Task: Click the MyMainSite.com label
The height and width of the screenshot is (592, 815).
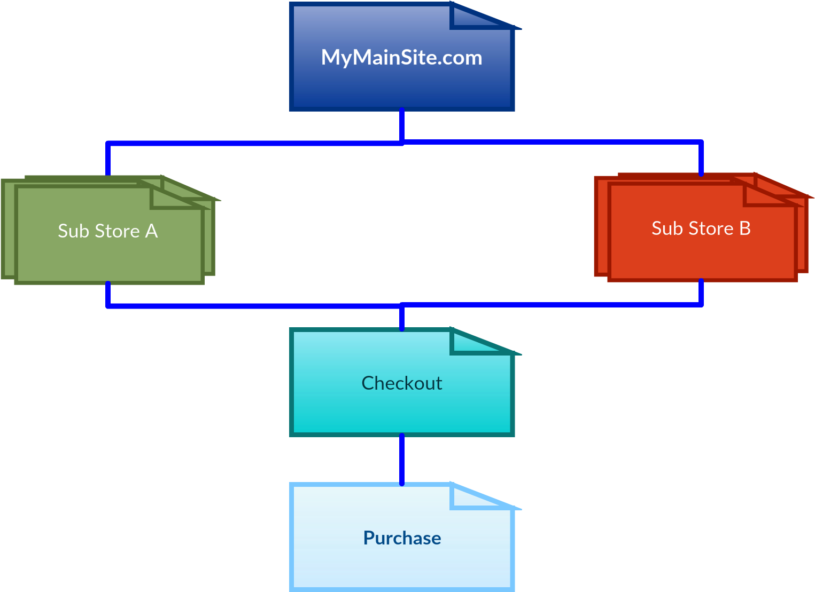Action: tap(401, 58)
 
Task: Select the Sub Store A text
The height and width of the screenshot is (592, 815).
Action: tap(107, 231)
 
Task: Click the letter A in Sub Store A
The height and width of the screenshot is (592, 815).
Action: tap(151, 231)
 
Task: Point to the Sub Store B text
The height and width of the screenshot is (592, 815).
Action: tap(701, 228)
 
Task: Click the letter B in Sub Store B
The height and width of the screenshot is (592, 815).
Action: tap(744, 228)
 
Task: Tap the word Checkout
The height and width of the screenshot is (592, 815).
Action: tap(401, 383)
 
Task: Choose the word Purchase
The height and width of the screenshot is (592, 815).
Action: tap(402, 538)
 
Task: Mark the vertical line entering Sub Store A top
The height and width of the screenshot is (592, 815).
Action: tap(108, 159)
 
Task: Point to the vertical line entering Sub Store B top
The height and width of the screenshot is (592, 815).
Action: tap(701, 158)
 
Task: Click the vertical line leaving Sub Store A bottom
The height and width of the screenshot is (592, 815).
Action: tap(108, 294)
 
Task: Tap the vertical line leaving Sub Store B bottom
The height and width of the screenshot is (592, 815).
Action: tap(701, 292)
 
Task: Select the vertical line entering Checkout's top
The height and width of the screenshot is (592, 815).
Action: tap(402, 317)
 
